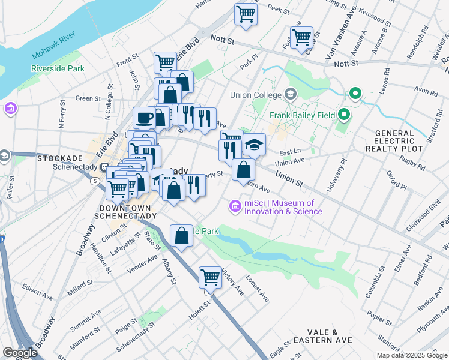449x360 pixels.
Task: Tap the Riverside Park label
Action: click(x=58, y=68)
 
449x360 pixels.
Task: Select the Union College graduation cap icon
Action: click(x=291, y=94)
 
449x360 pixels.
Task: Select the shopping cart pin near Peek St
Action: click(x=246, y=13)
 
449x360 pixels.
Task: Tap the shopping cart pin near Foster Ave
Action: click(x=301, y=37)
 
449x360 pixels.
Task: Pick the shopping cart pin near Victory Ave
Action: click(x=210, y=277)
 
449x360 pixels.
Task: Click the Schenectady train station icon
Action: click(x=104, y=167)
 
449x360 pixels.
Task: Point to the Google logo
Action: click(x=19, y=352)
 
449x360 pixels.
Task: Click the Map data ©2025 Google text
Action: click(x=411, y=355)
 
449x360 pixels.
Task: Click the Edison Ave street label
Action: click(x=37, y=296)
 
